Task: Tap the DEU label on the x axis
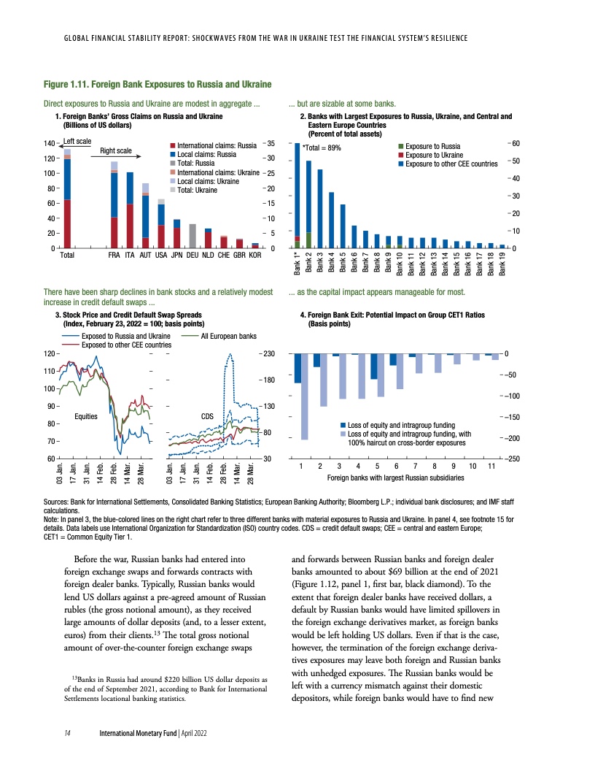(x=192, y=256)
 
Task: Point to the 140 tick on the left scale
(x=50, y=143)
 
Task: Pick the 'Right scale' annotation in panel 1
(x=116, y=151)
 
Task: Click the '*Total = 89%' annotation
(x=322, y=148)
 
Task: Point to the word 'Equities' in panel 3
(x=87, y=415)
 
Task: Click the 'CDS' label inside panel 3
(x=208, y=415)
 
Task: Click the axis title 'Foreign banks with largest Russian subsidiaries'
(x=396, y=477)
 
